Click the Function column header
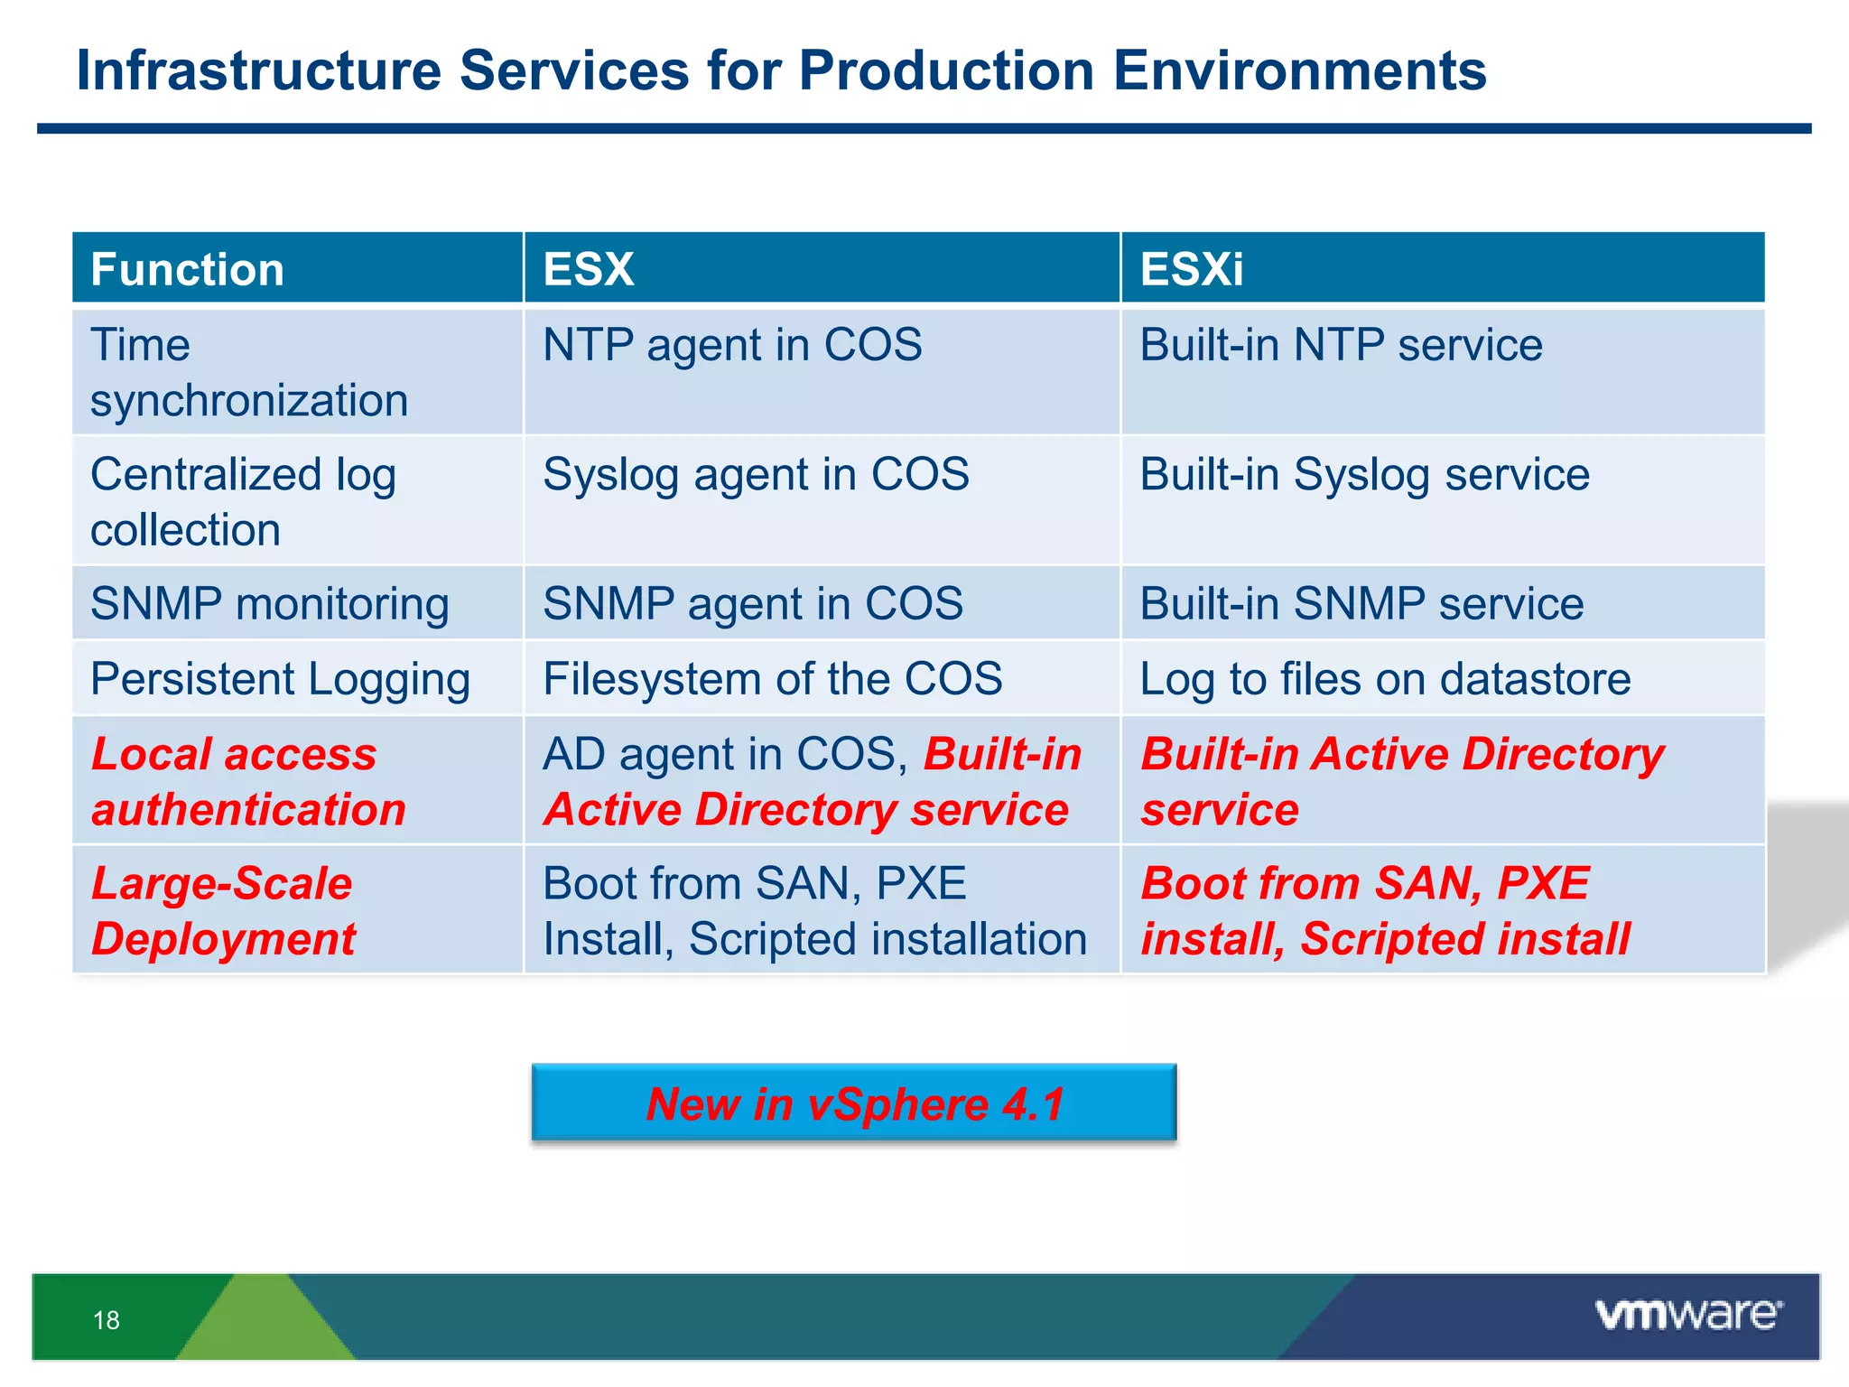pyautogui.click(x=187, y=269)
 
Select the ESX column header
pyautogui.click(x=589, y=269)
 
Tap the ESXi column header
pyautogui.click(x=1191, y=269)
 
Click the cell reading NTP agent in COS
pyautogui.click(x=732, y=346)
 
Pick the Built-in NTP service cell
pyautogui.click(x=1341, y=346)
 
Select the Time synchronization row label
pyautogui.click(x=249, y=372)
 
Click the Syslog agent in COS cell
pyautogui.click(x=756, y=475)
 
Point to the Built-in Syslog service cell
pyautogui.click(x=1364, y=475)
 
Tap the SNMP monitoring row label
pyautogui.click(x=270, y=604)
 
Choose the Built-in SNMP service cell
pyautogui.click(x=1361, y=604)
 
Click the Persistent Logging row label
pyautogui.click(x=280, y=679)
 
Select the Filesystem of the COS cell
pyautogui.click(x=773, y=679)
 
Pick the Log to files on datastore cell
pyautogui.click(x=1385, y=679)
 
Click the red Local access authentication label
pyautogui.click(x=248, y=781)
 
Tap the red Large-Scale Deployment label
pyautogui.click(x=223, y=910)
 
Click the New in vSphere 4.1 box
pyautogui.click(x=854, y=1103)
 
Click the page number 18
pyautogui.click(x=107, y=1320)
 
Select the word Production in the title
pyautogui.click(x=946, y=70)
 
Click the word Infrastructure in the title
pyautogui.click(x=259, y=70)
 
